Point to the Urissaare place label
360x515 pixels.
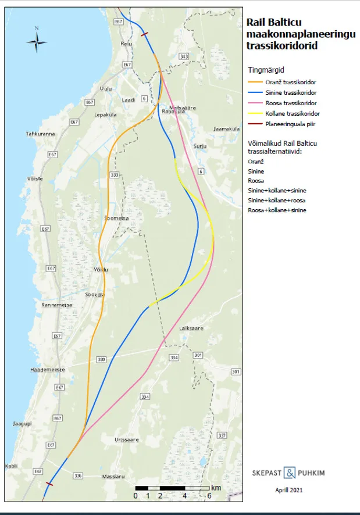[x=127, y=440]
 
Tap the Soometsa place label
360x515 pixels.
[x=115, y=219]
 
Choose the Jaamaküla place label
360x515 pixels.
[x=226, y=128]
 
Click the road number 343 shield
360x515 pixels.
[x=184, y=56]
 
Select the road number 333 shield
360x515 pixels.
[x=114, y=175]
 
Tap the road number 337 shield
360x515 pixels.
[x=222, y=435]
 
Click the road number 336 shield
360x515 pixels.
[x=79, y=475]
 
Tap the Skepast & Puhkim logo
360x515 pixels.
[x=288, y=473]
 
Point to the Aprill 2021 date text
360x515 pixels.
[x=288, y=490]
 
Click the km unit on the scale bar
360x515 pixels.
[x=216, y=487]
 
